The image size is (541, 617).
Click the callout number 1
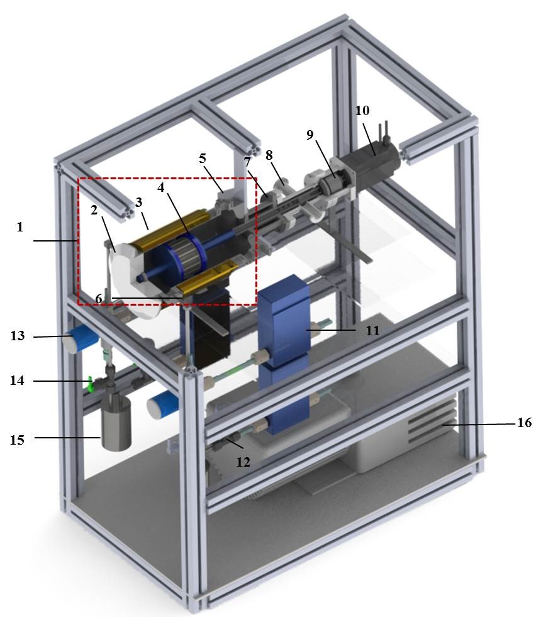[x=20, y=227]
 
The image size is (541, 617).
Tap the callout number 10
[x=362, y=111]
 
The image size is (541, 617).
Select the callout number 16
[x=524, y=423]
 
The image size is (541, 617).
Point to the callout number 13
[x=18, y=336]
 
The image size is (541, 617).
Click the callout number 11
[x=372, y=330]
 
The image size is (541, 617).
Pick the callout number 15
[x=17, y=440]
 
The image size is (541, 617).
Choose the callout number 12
[x=243, y=462]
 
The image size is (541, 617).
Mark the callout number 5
[x=202, y=158]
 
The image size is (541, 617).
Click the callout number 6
[x=98, y=299]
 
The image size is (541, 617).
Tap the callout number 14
[x=17, y=381]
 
